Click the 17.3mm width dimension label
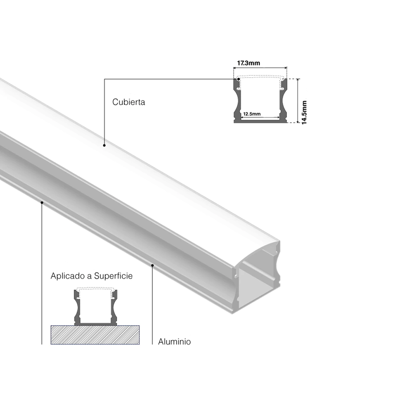pos(249,63)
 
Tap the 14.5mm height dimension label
pos(304,112)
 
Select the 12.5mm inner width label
pos(252,114)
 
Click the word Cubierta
pos(128,102)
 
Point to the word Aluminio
pos(174,342)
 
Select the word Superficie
pos(113,276)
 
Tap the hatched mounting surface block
pos(95,335)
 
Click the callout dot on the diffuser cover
pos(104,145)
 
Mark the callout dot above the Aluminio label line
pos(152,265)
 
